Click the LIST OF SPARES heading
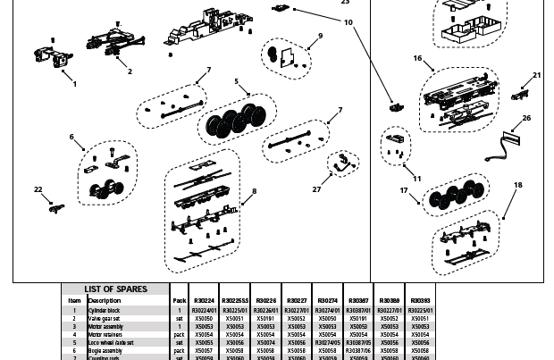point(115,289)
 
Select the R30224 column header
point(205,301)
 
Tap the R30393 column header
point(419,301)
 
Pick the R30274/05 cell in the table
point(328,342)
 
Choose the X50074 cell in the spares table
point(265,342)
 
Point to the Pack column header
point(179,301)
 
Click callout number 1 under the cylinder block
point(74,84)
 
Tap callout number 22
point(38,189)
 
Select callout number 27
point(316,189)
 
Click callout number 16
point(417,58)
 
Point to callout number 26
point(526,118)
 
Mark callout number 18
point(517,185)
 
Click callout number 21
point(536,76)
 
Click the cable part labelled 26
point(503,145)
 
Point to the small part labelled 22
point(57,207)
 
